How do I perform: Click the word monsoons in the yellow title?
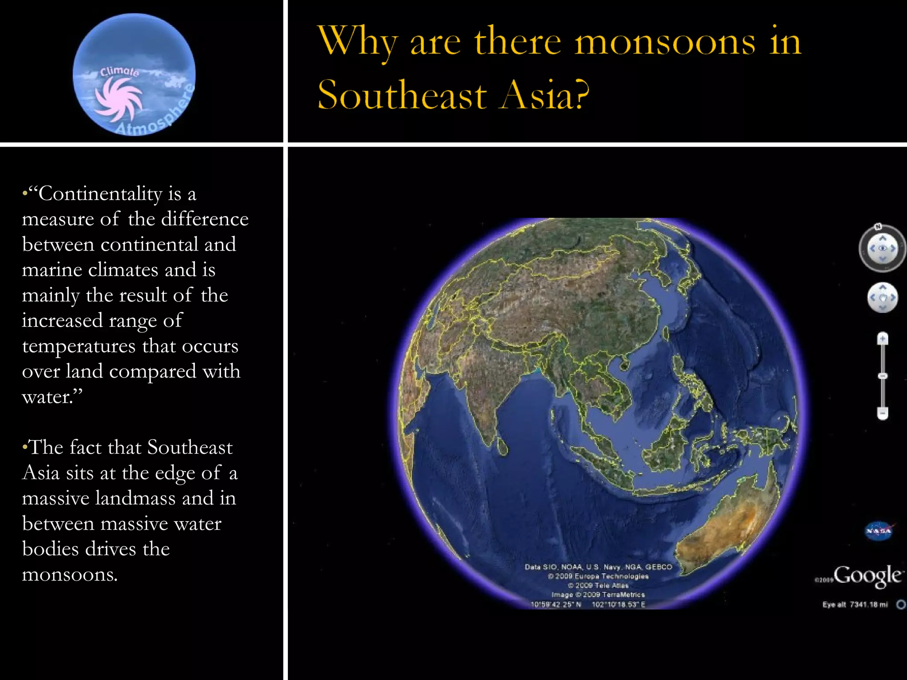[665, 42]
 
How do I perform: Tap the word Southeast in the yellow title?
[402, 95]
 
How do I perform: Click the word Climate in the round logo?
[120, 72]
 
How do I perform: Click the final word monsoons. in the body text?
[70, 575]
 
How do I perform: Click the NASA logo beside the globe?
[879, 531]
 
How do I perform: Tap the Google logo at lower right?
[867, 576]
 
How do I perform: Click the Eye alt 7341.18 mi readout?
[855, 605]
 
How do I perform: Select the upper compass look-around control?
[882, 248]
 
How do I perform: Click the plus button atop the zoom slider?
[883, 339]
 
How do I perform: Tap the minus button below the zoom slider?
[883, 413]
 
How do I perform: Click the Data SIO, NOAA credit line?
[598, 567]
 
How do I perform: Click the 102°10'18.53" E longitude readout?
[618, 605]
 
